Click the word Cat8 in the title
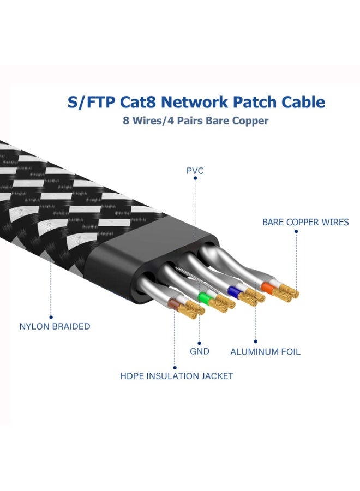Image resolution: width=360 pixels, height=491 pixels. pyautogui.click(x=135, y=102)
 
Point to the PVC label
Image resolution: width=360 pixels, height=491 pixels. pyautogui.click(x=195, y=171)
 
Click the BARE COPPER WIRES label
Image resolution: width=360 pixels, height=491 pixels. pyautogui.click(x=305, y=222)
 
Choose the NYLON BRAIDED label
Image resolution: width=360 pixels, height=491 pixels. pyautogui.click(x=55, y=326)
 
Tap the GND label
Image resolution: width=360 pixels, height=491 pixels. pyautogui.click(x=200, y=351)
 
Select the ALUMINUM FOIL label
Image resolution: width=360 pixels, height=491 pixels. pyautogui.click(x=265, y=352)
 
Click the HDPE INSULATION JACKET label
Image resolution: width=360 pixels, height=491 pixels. pyautogui.click(x=177, y=376)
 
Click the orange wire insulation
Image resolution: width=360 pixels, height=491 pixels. pyautogui.click(x=267, y=286)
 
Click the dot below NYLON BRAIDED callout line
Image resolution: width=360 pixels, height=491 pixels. pyautogui.click(x=51, y=316)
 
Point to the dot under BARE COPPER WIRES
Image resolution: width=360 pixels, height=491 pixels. pyautogui.click(x=296, y=231)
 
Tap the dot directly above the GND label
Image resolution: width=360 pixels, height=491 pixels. pyautogui.click(x=199, y=341)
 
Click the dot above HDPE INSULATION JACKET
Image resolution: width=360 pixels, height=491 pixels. pyautogui.click(x=175, y=366)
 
